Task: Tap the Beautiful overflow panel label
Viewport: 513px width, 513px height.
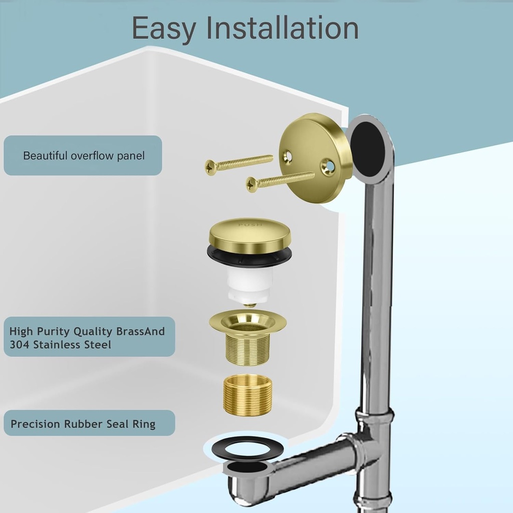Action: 83,156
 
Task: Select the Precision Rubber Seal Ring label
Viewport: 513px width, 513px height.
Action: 83,424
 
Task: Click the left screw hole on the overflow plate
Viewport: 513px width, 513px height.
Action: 288,157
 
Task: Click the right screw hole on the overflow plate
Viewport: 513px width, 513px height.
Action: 328,167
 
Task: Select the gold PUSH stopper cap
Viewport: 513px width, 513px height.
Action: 249,235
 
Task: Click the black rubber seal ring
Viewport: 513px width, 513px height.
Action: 247,448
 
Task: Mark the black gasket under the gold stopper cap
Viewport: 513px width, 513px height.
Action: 249,256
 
